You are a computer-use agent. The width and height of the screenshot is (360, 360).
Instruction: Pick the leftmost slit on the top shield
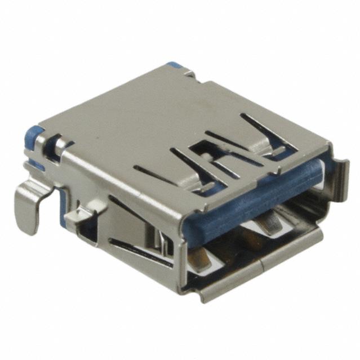tap(155, 172)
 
